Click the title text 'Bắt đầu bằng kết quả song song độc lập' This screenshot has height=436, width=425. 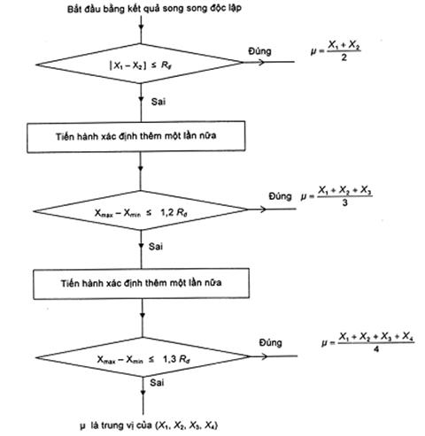point(154,8)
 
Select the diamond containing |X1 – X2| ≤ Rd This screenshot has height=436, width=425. point(139,64)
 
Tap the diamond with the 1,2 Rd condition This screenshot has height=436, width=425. point(141,210)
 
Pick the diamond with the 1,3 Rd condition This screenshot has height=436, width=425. point(143,357)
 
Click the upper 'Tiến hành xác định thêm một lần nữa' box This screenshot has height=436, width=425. point(136,136)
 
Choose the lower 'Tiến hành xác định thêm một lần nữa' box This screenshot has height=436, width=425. point(141,284)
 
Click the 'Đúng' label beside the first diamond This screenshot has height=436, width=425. point(259,51)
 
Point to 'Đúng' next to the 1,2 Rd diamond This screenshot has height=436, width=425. point(280,196)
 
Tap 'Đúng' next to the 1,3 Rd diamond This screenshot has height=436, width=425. point(271,342)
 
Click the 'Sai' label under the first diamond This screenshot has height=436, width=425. point(158,102)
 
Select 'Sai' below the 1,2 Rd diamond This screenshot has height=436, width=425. point(156,247)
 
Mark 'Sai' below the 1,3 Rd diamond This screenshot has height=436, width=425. point(157,383)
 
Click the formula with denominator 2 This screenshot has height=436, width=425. point(336,50)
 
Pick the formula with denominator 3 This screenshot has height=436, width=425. point(336,196)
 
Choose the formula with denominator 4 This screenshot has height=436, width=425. point(368,342)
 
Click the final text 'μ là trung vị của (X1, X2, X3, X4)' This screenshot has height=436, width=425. point(149,425)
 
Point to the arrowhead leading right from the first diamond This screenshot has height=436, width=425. point(260,62)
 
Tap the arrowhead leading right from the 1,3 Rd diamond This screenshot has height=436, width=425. point(264,356)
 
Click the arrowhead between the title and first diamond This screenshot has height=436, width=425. point(141,27)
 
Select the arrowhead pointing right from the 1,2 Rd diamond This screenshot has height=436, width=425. point(262,210)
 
